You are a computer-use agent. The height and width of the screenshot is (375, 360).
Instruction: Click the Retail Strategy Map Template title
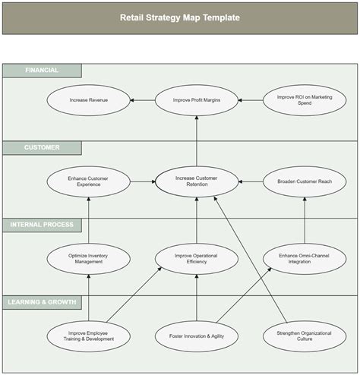(179, 17)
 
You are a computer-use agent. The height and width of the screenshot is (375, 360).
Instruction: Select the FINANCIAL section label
(42, 71)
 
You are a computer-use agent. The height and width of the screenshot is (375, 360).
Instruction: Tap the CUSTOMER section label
(42, 147)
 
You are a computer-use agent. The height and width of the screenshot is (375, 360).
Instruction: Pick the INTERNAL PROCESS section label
(42, 225)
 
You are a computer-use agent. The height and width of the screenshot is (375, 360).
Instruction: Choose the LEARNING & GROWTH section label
(42, 302)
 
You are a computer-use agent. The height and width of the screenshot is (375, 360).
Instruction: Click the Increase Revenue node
(89, 100)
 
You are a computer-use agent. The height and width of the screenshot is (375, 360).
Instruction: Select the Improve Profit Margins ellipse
(197, 100)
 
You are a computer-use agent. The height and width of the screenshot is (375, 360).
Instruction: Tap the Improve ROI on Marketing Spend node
(305, 100)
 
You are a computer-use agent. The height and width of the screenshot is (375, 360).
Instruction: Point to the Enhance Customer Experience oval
(89, 181)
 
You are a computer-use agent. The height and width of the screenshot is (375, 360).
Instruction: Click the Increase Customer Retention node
(197, 181)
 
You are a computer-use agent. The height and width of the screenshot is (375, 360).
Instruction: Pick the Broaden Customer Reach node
(305, 181)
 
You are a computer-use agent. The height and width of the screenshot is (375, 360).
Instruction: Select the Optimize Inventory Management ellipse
(89, 259)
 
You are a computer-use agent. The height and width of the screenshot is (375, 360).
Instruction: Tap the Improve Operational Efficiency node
(197, 259)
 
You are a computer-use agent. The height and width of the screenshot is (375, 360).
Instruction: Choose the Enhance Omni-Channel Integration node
(305, 259)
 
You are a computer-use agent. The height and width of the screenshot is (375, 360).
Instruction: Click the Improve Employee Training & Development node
(89, 336)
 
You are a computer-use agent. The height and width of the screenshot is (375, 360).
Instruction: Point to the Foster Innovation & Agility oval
(197, 336)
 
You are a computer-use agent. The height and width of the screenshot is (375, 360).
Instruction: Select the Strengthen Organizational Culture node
(305, 336)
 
